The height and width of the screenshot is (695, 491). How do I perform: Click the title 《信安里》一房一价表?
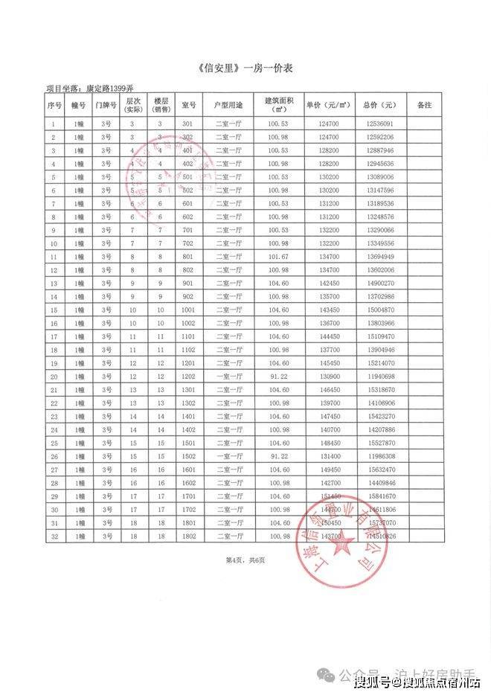point(245,68)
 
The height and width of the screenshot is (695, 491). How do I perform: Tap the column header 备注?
point(423,105)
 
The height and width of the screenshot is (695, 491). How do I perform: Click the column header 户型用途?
point(228,105)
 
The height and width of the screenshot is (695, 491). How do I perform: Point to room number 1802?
point(187,537)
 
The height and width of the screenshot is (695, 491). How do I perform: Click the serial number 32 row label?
point(54,537)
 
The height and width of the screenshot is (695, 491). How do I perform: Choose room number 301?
point(187,124)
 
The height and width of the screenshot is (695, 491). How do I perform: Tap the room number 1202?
point(187,377)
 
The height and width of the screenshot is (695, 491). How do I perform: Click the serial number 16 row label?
point(54,323)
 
